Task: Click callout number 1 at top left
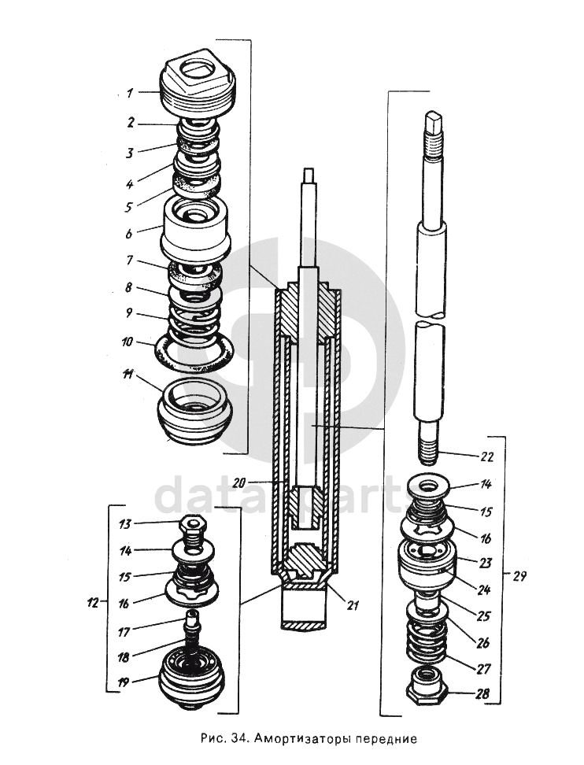[129, 93]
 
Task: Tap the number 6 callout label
[129, 234]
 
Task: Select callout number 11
[128, 374]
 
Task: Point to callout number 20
[239, 482]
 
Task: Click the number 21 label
[353, 605]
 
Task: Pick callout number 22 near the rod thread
[487, 457]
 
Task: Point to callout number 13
[125, 524]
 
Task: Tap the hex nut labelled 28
[427, 689]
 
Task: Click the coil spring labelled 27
[427, 641]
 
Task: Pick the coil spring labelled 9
[194, 322]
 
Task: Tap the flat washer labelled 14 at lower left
[193, 551]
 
